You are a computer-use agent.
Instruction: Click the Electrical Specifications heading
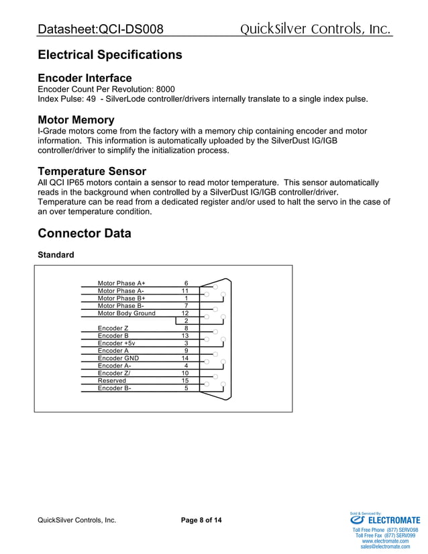pyautogui.click(x=110, y=54)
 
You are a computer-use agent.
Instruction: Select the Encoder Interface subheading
pyautogui.click(x=85, y=78)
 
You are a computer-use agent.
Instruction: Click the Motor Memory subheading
pyautogui.click(x=76, y=121)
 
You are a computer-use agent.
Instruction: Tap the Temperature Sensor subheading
pyautogui.click(x=92, y=172)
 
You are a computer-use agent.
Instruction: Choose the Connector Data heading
pyautogui.click(x=85, y=233)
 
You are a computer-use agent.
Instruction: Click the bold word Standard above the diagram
pyautogui.click(x=56, y=255)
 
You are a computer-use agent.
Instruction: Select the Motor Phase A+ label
pyautogui.click(x=121, y=284)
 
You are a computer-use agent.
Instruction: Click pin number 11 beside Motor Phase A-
pyautogui.click(x=185, y=291)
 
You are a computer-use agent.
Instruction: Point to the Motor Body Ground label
pyautogui.click(x=126, y=313)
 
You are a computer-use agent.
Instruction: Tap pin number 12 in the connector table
pyautogui.click(x=185, y=313)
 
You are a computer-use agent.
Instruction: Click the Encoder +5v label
pyautogui.click(x=116, y=343)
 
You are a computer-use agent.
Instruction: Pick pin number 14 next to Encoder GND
pyautogui.click(x=185, y=358)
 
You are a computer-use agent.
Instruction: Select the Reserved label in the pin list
pyautogui.click(x=111, y=380)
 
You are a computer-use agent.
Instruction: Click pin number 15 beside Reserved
pyautogui.click(x=185, y=380)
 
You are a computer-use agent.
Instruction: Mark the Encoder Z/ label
pyautogui.click(x=114, y=373)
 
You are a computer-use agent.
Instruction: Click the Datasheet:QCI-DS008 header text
pyautogui.click(x=101, y=30)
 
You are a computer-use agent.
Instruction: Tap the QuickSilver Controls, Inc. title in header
pyautogui.click(x=315, y=29)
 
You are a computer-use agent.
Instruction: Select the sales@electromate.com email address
pyautogui.click(x=384, y=547)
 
